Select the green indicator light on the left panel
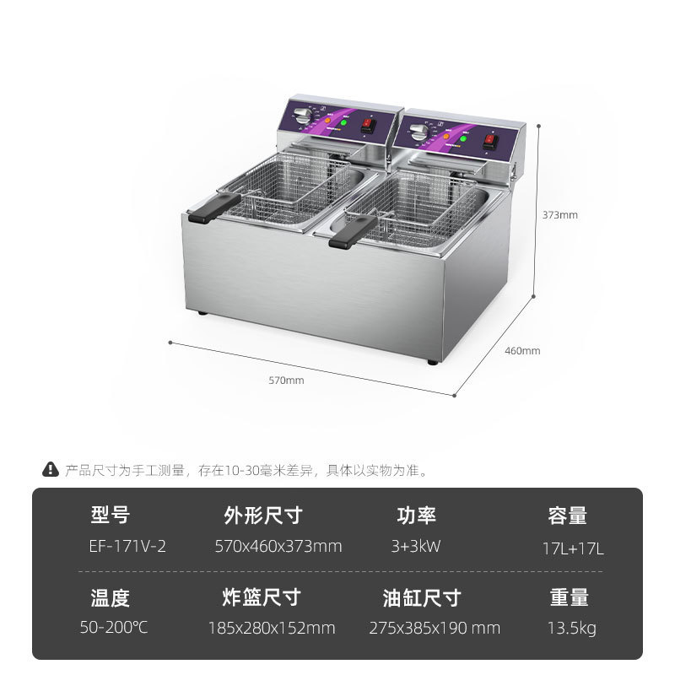pos(344,123)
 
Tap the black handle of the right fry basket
pos(352,231)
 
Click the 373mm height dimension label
pos(559,214)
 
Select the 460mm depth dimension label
pos(522,351)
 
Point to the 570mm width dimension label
pos(286,381)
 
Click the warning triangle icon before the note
pos(51,470)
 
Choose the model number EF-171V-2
pos(127,546)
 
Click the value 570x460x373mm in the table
pos(278,546)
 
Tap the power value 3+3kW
pos(416,546)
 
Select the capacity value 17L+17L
pos(573,548)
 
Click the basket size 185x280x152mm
pos(272,628)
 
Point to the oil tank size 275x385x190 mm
pos(435,628)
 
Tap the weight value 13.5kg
pos(573,628)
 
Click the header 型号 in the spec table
pos(111,515)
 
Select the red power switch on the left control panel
pos(367,127)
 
